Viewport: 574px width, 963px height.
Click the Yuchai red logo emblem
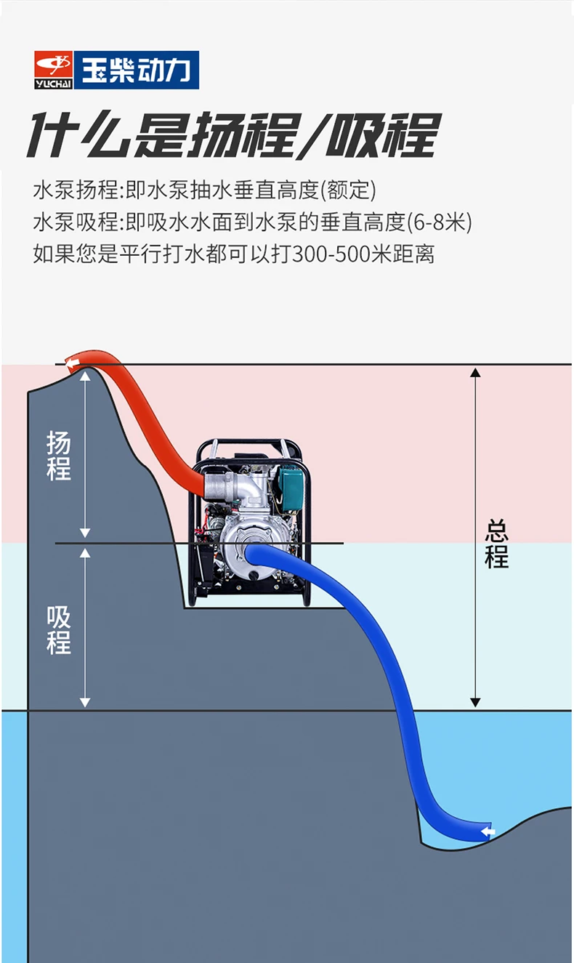pos(55,70)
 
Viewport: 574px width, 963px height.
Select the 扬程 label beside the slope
pos(59,455)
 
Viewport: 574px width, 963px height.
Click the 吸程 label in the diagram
pos(59,629)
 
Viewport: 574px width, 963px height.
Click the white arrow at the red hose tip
pos(72,361)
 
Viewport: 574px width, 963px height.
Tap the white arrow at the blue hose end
pos(488,831)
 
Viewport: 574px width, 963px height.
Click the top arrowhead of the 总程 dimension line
pos(475,373)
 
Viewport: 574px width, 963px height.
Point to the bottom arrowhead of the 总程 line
pos(475,702)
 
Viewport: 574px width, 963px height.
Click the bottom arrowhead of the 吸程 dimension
pos(85,702)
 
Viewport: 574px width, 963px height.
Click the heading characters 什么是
pos(105,136)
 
